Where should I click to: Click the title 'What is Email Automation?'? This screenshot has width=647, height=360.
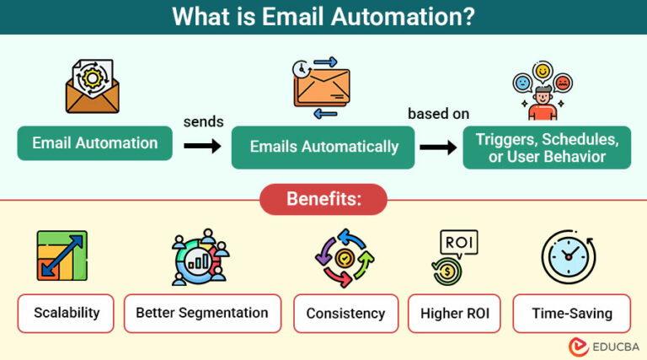point(323,17)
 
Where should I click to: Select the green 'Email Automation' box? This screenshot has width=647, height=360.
point(95,143)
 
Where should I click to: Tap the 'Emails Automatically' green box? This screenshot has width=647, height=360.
point(323,147)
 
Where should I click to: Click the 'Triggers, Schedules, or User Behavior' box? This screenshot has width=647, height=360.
point(547,147)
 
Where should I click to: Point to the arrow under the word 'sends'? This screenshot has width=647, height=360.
point(203,147)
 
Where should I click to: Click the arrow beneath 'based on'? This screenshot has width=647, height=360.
point(438,147)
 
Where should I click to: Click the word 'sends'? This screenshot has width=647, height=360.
point(203,122)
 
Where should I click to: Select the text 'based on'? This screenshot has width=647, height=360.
point(438,113)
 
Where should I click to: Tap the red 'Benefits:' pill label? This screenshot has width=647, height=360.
point(323,200)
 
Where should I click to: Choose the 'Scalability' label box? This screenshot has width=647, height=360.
point(67,313)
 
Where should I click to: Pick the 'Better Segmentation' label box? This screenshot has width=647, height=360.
point(202,313)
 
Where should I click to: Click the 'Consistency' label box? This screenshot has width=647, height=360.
point(345,314)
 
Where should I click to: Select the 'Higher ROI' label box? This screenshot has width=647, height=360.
point(455,314)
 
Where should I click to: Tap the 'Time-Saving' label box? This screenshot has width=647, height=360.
point(571,314)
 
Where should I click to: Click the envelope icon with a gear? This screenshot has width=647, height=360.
point(93,86)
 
